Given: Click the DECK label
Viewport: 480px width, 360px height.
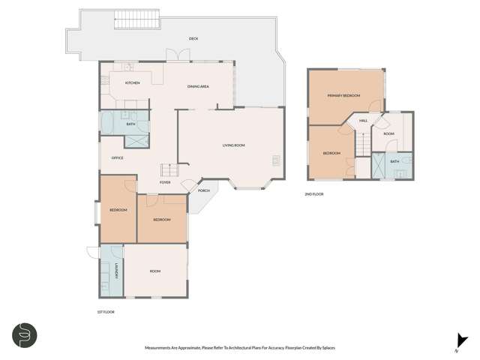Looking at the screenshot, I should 193,37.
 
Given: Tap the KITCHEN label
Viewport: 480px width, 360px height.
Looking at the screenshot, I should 133,83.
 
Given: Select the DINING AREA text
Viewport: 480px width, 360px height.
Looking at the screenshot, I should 198,87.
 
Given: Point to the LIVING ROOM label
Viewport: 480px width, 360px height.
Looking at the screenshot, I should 233,145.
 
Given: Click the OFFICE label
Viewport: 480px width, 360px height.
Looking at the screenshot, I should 117,158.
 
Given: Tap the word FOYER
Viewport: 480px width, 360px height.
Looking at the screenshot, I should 165,182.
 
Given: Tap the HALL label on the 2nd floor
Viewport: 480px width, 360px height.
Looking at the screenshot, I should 363,121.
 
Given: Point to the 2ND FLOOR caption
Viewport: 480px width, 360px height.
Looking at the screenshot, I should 313,194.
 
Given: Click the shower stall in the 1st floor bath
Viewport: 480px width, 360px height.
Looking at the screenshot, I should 136,139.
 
